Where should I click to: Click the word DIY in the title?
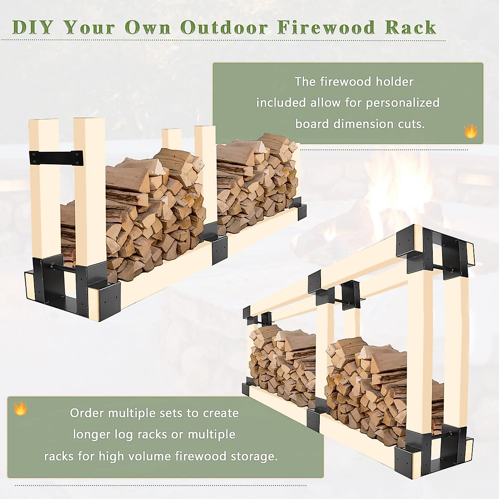[x=32, y=27]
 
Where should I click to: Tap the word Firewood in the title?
[x=326, y=27]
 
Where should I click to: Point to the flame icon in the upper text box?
[x=471, y=131]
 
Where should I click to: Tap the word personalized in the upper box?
[x=403, y=103]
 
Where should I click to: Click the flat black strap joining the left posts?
[x=56, y=158]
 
